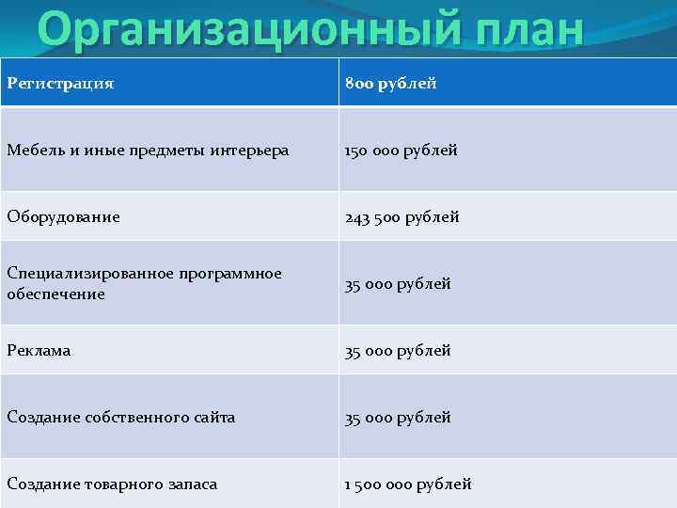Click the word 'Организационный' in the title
tap(225, 31)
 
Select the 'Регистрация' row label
tap(60, 84)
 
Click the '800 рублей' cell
tap(390, 84)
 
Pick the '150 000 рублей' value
tap(401, 150)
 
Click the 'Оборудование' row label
tap(63, 216)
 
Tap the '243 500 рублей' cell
tap(401, 216)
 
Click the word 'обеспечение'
tap(55, 294)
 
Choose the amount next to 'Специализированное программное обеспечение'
tap(398, 283)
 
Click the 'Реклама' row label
tap(39, 350)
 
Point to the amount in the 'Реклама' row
tap(398, 350)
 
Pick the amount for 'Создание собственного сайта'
tap(398, 417)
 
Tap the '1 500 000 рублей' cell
tap(408, 484)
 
